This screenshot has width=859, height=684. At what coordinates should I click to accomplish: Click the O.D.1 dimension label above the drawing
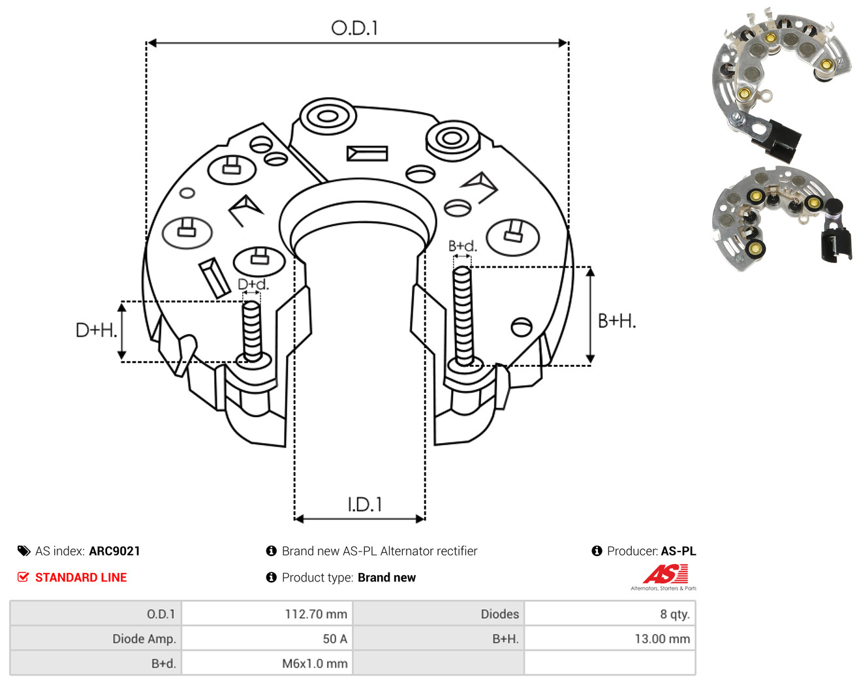(x=354, y=28)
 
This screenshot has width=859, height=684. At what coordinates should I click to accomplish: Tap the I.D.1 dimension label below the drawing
(x=364, y=505)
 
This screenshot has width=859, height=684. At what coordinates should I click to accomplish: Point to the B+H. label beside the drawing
(x=617, y=321)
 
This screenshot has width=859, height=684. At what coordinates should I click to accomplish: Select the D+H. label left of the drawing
(x=96, y=330)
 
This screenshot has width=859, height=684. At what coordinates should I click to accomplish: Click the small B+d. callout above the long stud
(x=463, y=246)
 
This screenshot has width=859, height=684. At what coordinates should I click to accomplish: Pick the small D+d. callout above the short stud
(x=253, y=284)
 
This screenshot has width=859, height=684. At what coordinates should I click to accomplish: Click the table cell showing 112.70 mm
(x=316, y=614)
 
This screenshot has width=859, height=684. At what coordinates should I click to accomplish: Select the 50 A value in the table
(x=335, y=638)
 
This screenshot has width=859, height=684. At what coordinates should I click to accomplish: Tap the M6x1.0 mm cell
(x=315, y=663)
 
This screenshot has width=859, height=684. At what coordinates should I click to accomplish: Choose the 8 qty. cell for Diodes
(x=674, y=614)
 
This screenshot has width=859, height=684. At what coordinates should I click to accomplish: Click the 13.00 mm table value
(x=663, y=638)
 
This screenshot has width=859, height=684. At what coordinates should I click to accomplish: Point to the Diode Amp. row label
(x=144, y=638)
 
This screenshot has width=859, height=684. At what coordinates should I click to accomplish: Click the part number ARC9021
(x=115, y=551)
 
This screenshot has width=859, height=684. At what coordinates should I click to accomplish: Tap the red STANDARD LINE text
(x=81, y=578)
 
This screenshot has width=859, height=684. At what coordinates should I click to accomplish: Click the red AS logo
(x=665, y=574)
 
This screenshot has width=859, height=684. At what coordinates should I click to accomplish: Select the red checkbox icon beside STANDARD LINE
(x=23, y=577)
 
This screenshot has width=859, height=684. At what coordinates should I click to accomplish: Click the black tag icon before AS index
(x=24, y=551)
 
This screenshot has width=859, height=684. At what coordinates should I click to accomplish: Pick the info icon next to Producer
(x=597, y=551)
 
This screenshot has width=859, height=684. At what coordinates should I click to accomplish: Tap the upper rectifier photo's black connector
(x=776, y=140)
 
